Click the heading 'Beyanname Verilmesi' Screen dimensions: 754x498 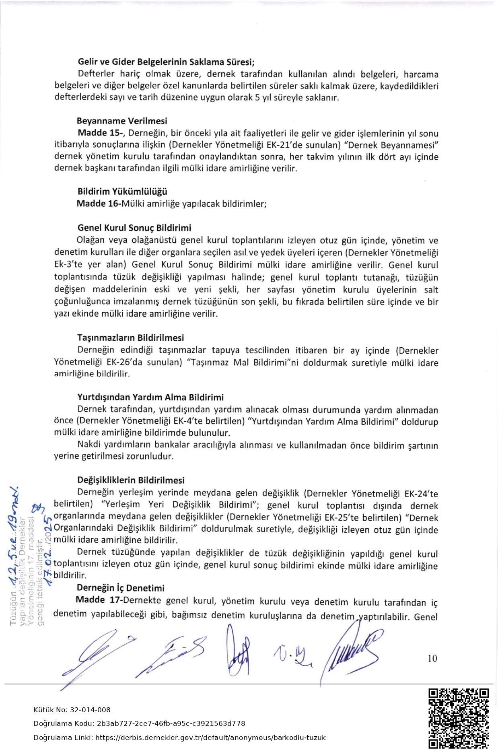(x=122, y=121)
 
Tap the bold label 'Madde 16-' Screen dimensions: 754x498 (x=99, y=204)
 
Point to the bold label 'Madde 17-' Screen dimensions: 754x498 (x=99, y=600)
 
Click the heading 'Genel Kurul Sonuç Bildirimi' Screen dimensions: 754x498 (x=134, y=228)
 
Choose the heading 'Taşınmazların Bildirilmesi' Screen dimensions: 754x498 (x=130, y=338)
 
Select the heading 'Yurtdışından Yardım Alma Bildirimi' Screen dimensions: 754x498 (x=150, y=398)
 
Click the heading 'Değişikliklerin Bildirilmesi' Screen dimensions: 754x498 (x=131, y=480)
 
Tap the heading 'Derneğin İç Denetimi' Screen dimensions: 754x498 (x=121, y=588)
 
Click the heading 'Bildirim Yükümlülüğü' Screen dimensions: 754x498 (x=122, y=192)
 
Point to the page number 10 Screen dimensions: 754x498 (x=432, y=658)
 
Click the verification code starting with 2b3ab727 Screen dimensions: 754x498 (x=171, y=723)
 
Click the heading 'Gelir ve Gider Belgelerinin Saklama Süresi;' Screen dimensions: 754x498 (x=166, y=62)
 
